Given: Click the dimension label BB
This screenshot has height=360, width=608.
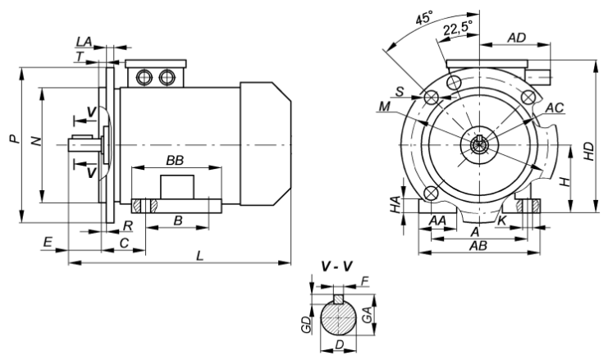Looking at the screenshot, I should pos(175,162).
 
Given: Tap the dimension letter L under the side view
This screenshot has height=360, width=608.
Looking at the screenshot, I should pos(199,256).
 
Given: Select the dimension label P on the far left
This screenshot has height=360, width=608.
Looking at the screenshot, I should pos(15,140).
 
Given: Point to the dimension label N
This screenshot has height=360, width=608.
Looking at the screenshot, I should pos(35,141).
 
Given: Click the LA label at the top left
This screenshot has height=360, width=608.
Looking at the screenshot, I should pos(84,41).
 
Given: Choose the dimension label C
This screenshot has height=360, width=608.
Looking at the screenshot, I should pos(123,244).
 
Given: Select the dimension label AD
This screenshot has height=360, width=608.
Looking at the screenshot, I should pos(516,38).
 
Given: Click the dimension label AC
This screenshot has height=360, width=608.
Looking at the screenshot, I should pos(554,107).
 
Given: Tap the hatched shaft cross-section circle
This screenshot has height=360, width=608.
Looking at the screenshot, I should pos(338,316).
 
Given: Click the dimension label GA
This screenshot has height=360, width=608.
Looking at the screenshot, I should pos(368,312).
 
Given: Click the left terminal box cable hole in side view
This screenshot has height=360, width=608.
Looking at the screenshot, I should pos(145,78).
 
